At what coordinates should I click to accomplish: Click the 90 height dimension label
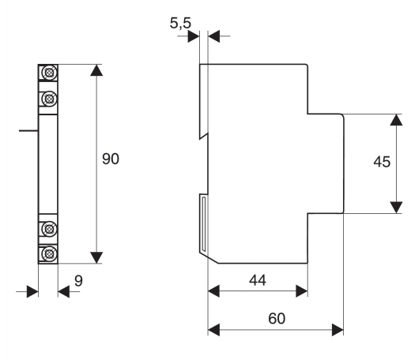pyautogui.click(x=111, y=159)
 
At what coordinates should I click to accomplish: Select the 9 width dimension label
pyautogui.click(x=78, y=281)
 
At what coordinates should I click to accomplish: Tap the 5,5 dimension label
pyautogui.click(x=180, y=23)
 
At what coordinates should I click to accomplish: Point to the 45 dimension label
pyautogui.click(x=382, y=162)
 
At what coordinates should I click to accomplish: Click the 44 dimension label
pyautogui.click(x=258, y=280)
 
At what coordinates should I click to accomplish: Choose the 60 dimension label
pyautogui.click(x=277, y=318)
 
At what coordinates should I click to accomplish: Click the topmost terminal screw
pyautogui.click(x=49, y=72)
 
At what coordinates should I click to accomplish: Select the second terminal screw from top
pyautogui.click(x=49, y=99)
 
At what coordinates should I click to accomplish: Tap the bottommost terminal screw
pyautogui.click(x=49, y=253)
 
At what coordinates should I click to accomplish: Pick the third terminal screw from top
pyautogui.click(x=49, y=229)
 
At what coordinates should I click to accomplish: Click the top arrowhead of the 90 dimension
pyautogui.click(x=96, y=70)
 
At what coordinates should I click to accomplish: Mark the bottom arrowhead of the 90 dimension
pyautogui.click(x=96, y=257)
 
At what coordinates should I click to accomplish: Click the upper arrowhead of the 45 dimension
pyautogui.click(x=396, y=120)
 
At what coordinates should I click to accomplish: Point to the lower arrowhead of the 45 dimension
pyautogui.click(x=396, y=208)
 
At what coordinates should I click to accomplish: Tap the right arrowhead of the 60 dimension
pyautogui.click(x=337, y=330)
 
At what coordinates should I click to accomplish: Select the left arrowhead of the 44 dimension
pyautogui.click(x=213, y=291)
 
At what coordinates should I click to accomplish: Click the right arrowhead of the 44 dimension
pyautogui.click(x=302, y=291)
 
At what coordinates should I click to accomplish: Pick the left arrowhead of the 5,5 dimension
pyautogui.click(x=194, y=36)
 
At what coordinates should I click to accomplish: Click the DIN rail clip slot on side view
pyautogui.click(x=203, y=224)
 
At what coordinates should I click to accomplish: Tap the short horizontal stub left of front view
pyautogui.click(x=28, y=130)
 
